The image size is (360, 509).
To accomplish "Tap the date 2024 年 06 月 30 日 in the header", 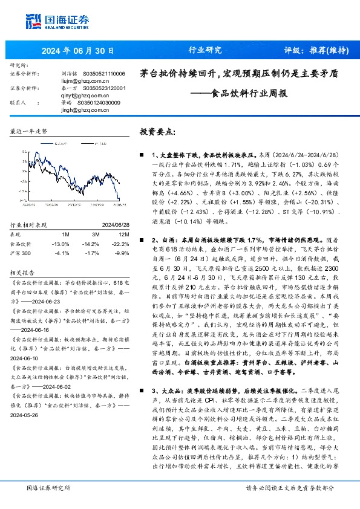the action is (x=76, y=51).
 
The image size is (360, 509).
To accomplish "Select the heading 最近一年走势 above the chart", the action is (x=28, y=131).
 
